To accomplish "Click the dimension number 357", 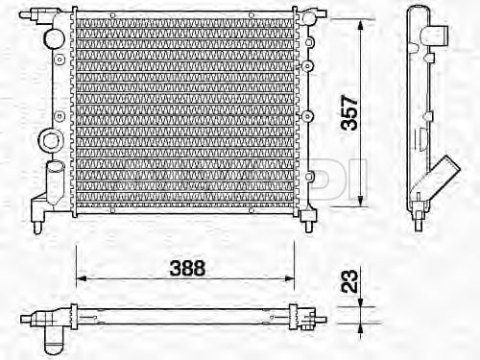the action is (x=349, y=112).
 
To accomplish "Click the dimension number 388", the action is (x=187, y=268).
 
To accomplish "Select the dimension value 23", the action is (x=349, y=281).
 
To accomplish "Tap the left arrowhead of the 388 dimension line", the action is (x=82, y=278).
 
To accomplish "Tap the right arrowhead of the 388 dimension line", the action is (x=289, y=278).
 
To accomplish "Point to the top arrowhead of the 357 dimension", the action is (x=360, y=25).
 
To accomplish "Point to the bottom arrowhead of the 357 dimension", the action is (x=361, y=201).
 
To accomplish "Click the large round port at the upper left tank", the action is (x=54, y=38).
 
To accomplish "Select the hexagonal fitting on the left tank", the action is (x=50, y=139).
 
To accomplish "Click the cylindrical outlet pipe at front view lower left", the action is (x=55, y=182).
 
